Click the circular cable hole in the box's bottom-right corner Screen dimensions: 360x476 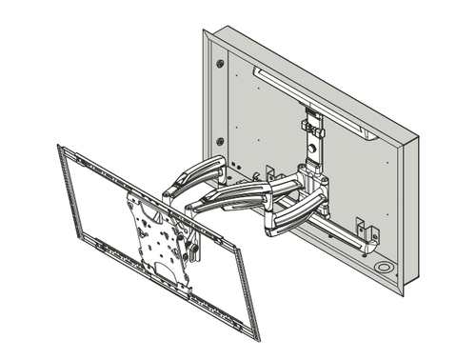(384, 270)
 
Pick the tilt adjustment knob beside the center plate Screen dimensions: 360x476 (194, 250)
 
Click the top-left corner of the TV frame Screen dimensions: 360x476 (61, 149)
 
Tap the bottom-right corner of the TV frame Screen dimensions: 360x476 (255, 334)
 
